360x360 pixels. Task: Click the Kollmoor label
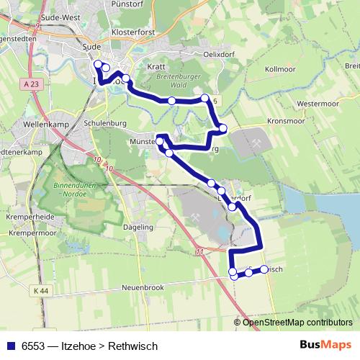click(280, 69)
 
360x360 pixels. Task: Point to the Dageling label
click(139, 227)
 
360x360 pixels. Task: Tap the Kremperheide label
click(26, 217)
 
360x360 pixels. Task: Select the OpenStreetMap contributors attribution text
click(297, 322)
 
